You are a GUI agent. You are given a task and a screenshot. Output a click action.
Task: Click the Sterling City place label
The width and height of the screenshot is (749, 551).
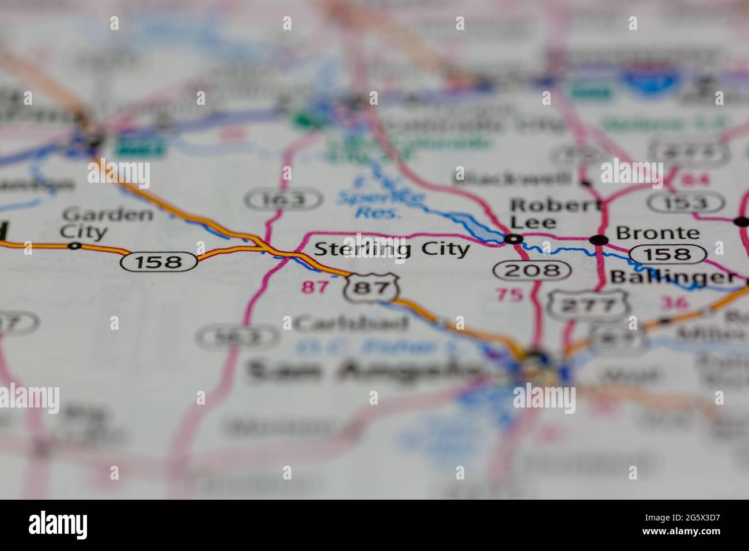pos(392,249)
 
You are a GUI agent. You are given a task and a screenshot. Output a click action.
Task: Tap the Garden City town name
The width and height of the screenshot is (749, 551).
pos(107,223)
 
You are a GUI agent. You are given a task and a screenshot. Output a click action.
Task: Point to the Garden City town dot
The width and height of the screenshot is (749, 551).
pos(74,246)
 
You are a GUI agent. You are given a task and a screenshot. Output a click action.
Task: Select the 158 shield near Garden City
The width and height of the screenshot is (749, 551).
pos(158,262)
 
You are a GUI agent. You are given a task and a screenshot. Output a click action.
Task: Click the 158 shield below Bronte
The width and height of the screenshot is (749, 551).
pos(668,254)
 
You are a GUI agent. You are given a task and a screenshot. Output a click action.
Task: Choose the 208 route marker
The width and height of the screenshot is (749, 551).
pos(532,270)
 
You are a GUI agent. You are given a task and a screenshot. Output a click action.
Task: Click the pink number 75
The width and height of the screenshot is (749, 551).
pos(509,295)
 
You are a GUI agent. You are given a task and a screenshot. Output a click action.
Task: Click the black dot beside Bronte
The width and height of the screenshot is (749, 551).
pos(599,239)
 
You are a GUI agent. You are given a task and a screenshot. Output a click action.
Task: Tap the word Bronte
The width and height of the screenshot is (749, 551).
pos(657,233)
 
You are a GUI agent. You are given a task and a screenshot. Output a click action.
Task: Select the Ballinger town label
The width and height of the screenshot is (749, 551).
pos(672,277)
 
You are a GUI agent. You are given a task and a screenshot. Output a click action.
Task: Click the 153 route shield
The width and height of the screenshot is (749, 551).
pos(686,203)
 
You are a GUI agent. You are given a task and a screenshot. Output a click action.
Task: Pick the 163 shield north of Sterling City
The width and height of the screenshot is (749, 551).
pos(283,200)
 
